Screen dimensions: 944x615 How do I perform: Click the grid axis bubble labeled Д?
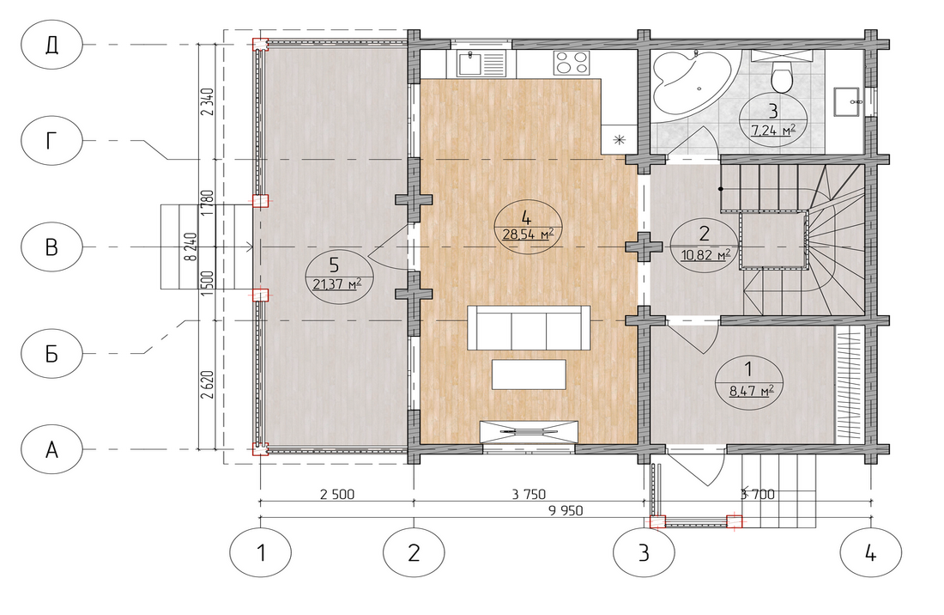[x=51, y=45]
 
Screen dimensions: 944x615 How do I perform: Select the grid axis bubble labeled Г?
[x=51, y=140]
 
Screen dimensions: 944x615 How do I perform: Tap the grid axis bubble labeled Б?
[x=51, y=353]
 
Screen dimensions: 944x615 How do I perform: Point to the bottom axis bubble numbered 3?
[x=644, y=551]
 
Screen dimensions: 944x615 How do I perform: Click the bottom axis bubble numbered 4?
[x=870, y=551]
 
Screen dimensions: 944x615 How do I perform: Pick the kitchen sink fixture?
[x=481, y=64]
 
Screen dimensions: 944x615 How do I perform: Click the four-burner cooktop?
[x=572, y=63]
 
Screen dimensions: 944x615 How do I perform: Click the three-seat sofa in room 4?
[x=529, y=327]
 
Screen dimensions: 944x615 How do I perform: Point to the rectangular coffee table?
[x=529, y=374]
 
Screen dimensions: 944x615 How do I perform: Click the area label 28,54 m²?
[x=528, y=234]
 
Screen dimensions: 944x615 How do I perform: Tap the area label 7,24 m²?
[x=773, y=129]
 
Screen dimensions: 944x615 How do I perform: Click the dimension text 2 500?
[x=337, y=495]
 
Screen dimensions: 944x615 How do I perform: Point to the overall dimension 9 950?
[x=566, y=511]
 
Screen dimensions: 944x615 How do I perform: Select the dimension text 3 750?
[x=529, y=495]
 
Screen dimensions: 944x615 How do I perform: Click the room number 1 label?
[x=748, y=368]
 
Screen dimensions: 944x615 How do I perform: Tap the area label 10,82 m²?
[x=705, y=255]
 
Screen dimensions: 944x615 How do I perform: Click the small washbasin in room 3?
[x=848, y=101]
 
